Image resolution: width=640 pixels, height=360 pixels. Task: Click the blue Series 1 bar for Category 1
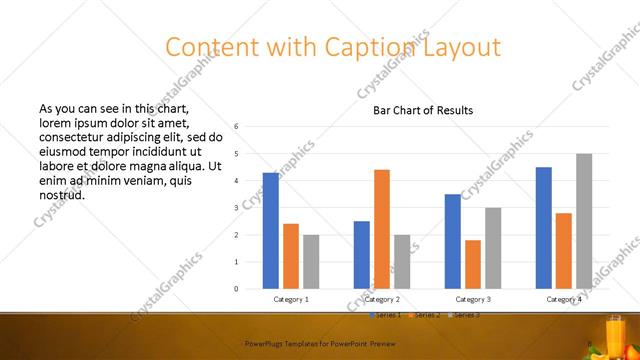[271, 231]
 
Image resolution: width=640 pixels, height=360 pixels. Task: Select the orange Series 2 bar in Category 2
[382, 229]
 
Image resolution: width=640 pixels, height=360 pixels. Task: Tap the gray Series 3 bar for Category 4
[584, 221]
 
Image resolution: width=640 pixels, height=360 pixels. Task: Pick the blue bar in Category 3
[453, 241]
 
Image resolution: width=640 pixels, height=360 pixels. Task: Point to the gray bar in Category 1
[311, 262]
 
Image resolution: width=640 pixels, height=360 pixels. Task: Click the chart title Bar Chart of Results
[423, 110]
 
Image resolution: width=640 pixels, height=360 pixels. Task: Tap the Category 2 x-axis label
[382, 299]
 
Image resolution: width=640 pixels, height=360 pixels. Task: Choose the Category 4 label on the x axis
[564, 299]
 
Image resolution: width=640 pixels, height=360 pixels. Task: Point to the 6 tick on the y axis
[236, 126]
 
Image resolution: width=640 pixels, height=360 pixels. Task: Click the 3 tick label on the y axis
[236, 208]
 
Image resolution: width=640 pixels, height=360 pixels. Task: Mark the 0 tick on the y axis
[236, 289]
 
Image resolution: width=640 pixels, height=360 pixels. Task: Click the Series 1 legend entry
[386, 315]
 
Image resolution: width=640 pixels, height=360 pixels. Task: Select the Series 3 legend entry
[468, 315]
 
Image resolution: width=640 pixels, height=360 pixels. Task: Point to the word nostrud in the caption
[61, 195]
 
